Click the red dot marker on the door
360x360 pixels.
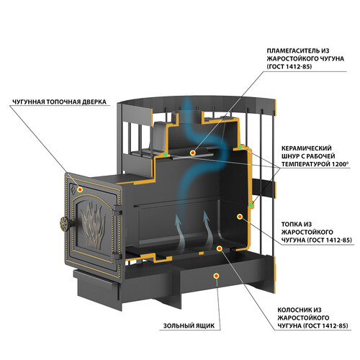pos(80,189)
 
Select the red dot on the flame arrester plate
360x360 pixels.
pos(192,153)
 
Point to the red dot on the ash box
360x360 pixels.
pos(217,276)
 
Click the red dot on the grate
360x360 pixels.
pos(219,248)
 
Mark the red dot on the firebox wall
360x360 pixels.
pos(240,217)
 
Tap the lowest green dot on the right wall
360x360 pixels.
pos(251,205)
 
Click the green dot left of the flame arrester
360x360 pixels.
pos(166,154)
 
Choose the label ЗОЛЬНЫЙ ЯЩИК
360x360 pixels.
pos(189,326)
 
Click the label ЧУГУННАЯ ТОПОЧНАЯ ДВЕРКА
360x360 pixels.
pos(59,102)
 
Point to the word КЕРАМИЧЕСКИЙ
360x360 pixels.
pos(306,148)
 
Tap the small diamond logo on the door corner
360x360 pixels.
pos(73,188)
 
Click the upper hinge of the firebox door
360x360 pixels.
pos(117,209)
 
